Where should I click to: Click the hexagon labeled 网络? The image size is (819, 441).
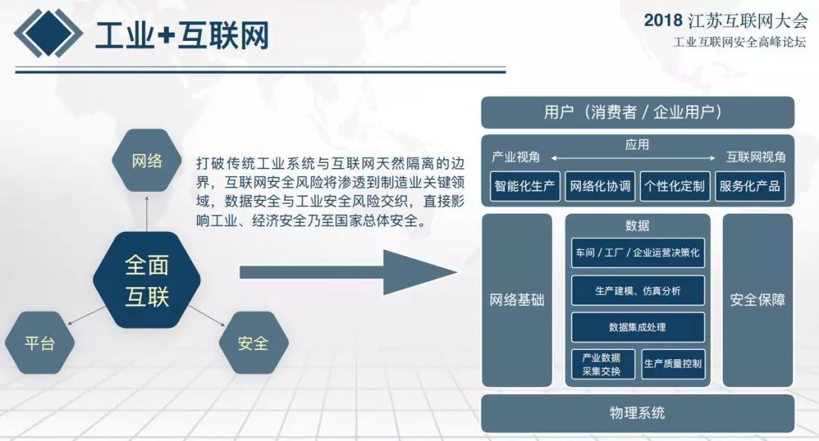click(147, 160)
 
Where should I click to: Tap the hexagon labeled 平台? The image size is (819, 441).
click(39, 343)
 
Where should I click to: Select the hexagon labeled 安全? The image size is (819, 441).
click(253, 343)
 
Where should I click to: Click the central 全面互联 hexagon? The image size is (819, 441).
click(147, 280)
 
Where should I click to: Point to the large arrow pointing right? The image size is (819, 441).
click(348, 272)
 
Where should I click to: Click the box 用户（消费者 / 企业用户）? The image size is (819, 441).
click(637, 112)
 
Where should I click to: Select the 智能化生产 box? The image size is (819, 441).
click(525, 186)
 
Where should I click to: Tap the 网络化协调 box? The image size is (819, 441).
click(600, 186)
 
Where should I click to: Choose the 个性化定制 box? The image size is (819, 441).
click(675, 186)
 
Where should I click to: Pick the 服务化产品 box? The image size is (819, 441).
click(750, 186)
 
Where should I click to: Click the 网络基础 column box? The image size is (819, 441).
click(516, 300)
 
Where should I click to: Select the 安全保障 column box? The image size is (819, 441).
click(758, 300)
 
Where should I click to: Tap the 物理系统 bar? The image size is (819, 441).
click(637, 413)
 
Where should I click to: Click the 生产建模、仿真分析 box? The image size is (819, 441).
click(638, 291)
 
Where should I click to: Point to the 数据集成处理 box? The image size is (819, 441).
click(638, 327)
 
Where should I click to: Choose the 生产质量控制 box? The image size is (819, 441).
click(673, 364)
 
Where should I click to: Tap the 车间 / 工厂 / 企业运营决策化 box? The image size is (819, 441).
click(638, 253)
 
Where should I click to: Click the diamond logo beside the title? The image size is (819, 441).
click(48, 33)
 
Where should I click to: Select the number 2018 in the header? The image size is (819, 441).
click(663, 20)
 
